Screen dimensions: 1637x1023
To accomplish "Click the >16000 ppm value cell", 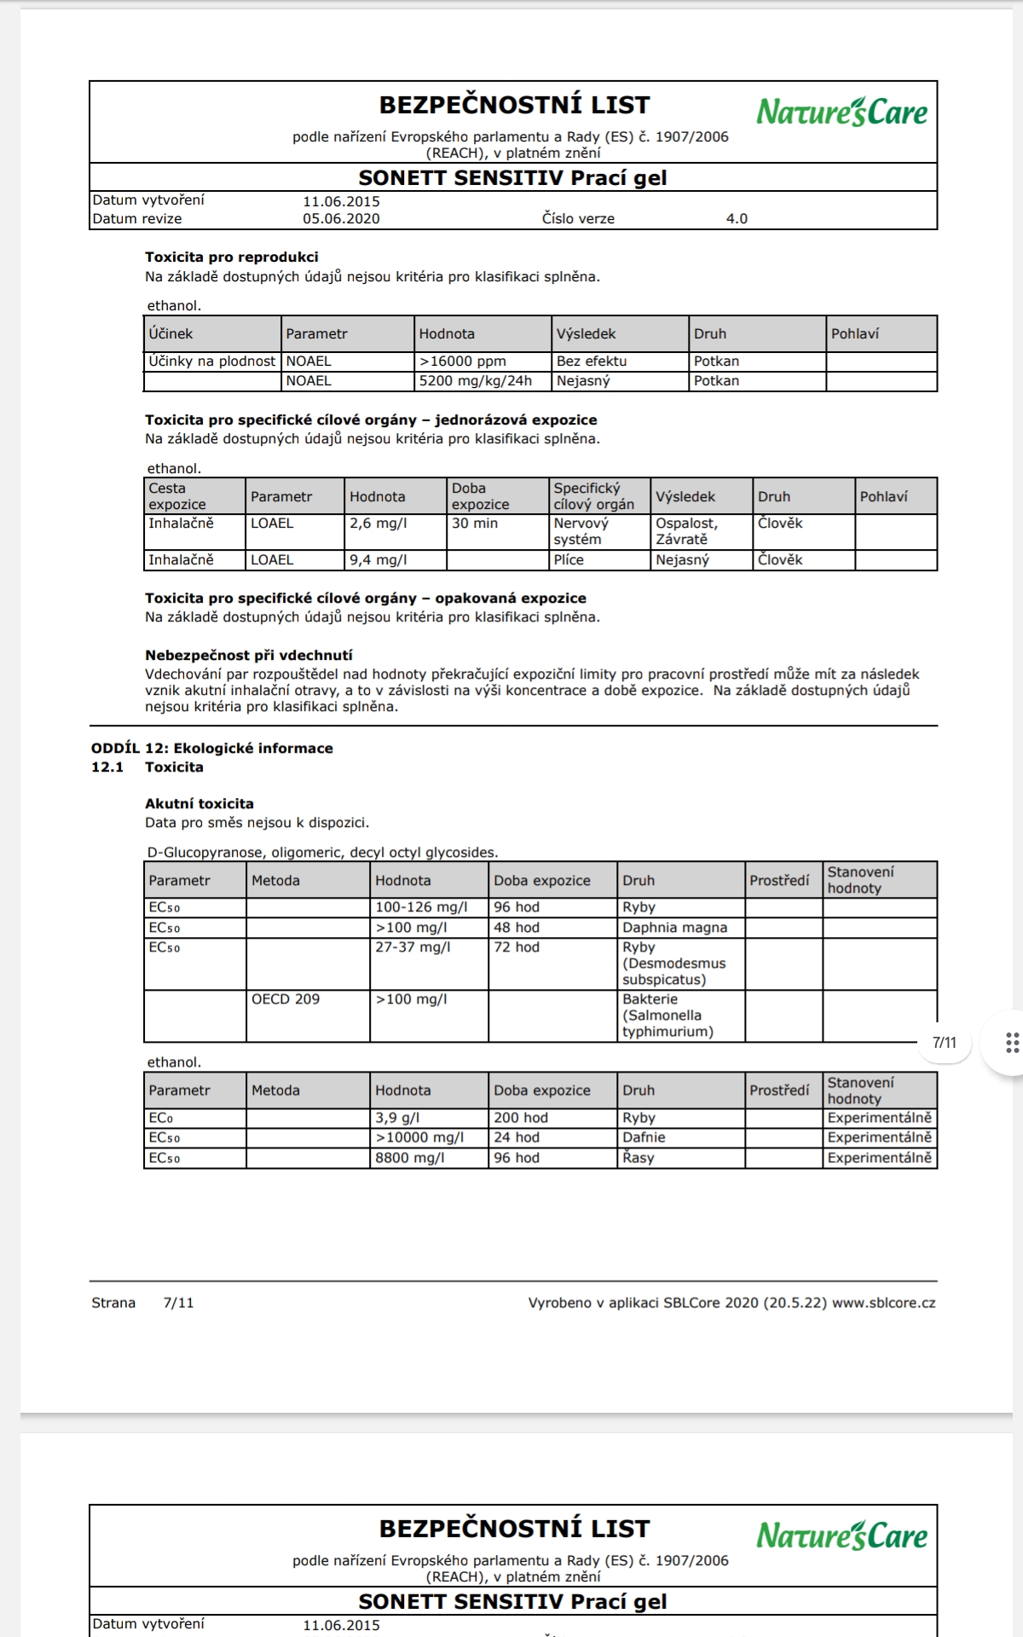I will (x=482, y=362).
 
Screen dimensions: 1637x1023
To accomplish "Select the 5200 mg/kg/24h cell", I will (x=482, y=381).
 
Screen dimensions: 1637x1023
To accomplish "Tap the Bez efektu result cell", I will (x=619, y=362).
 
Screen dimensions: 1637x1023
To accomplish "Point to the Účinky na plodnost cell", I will (x=212, y=362).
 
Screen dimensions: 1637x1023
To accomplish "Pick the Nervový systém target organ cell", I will (x=598, y=531).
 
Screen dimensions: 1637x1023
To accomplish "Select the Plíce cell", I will (x=598, y=560).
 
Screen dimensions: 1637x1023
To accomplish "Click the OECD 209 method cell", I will (x=307, y=1015).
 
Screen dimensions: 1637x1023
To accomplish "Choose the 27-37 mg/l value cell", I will (x=428, y=963).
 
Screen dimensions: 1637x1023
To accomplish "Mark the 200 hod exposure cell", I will (x=552, y=1118).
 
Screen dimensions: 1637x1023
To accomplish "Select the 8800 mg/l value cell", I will (x=428, y=1158).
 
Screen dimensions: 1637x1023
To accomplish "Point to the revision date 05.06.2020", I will (x=341, y=219).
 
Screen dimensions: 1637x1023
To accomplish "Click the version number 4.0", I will (x=737, y=219).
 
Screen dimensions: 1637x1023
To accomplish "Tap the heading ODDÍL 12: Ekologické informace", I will (x=212, y=749).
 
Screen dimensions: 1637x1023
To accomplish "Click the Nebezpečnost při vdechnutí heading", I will (x=248, y=656).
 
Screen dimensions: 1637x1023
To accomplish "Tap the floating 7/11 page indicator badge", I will (x=945, y=1043).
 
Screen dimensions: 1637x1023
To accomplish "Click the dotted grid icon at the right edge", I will (x=1012, y=1043).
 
